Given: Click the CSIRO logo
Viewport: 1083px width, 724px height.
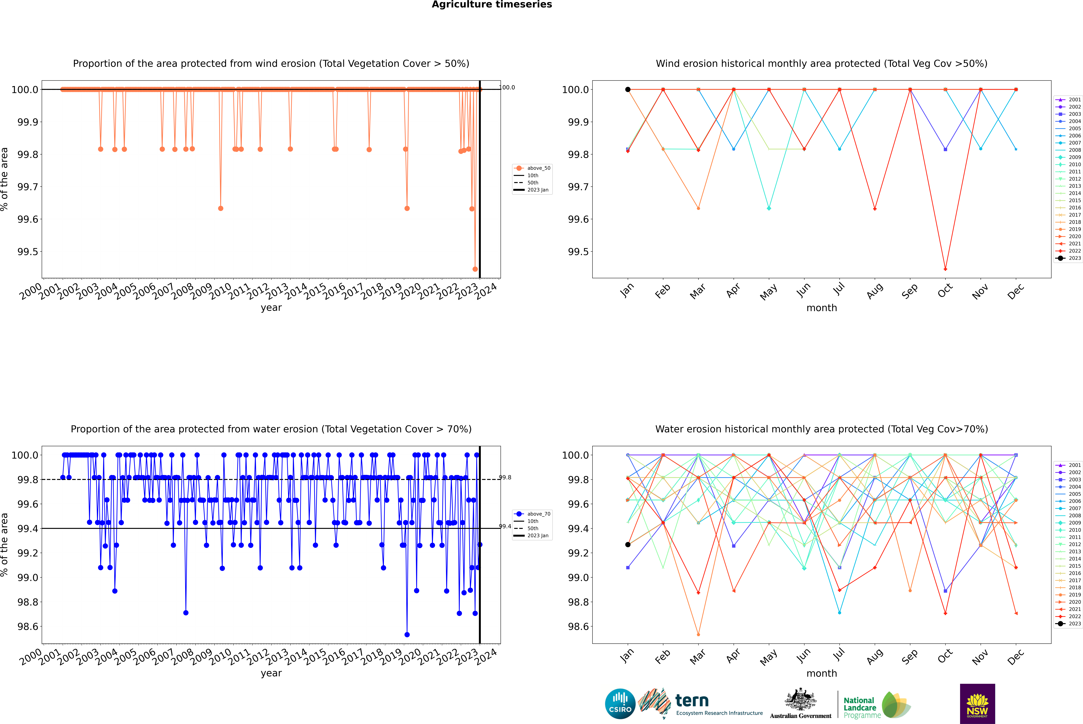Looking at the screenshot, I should tap(620, 704).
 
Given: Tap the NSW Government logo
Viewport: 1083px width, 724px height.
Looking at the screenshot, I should tap(977, 704).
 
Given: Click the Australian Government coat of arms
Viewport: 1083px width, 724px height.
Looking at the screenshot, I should tap(800, 702).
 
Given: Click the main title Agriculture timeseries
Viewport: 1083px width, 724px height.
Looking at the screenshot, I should tap(492, 5).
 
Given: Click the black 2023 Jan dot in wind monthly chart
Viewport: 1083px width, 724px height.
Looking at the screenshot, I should tap(628, 90).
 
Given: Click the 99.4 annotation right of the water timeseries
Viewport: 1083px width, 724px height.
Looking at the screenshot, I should tap(505, 526).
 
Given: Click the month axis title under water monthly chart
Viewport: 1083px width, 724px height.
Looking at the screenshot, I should tap(821, 673).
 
